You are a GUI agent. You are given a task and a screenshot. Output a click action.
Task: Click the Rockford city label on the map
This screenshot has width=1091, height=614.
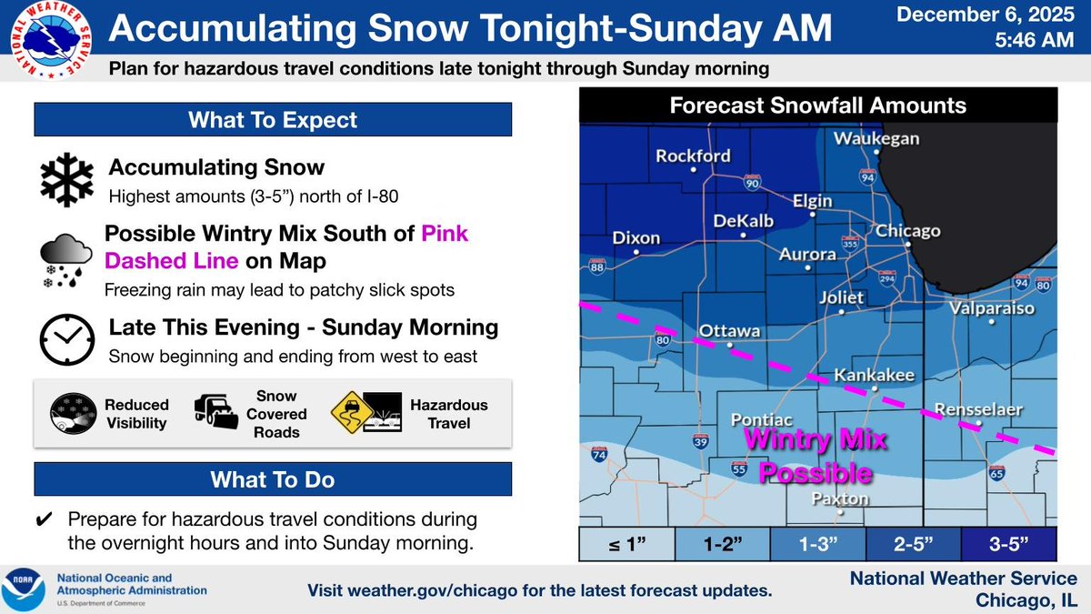(x=693, y=156)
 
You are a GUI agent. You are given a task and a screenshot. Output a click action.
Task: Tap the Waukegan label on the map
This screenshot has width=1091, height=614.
(x=876, y=139)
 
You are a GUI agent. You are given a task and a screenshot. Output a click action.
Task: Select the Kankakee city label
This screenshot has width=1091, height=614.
(x=875, y=375)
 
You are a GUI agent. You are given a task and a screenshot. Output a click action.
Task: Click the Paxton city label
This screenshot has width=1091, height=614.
(x=840, y=499)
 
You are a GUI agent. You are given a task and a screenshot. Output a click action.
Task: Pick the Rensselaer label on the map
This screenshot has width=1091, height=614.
(x=980, y=408)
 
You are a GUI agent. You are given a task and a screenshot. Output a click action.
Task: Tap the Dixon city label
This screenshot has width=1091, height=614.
(x=636, y=238)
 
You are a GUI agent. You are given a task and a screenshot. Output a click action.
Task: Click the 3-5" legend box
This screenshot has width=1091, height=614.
(x=1007, y=546)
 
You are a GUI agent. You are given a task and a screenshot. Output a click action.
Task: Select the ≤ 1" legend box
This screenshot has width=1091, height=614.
(x=626, y=546)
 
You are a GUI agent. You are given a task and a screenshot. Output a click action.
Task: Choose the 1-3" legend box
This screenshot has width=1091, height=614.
(x=816, y=546)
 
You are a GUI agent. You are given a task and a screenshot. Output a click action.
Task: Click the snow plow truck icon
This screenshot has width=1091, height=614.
(x=216, y=413)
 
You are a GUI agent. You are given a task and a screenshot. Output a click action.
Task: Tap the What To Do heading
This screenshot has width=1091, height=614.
(x=273, y=479)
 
